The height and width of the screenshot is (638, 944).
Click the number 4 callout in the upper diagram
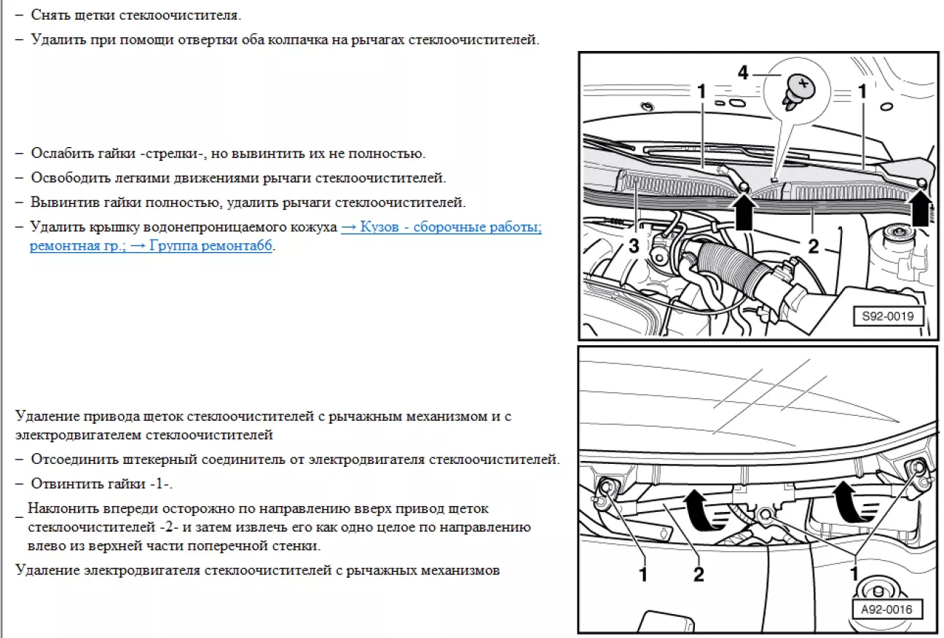(x=742, y=73)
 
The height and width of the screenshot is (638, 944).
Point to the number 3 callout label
(x=634, y=245)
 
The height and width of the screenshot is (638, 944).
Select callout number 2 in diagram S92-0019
(x=814, y=246)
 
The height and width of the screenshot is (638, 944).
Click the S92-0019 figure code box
(x=888, y=317)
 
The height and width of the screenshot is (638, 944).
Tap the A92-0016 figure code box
(x=886, y=610)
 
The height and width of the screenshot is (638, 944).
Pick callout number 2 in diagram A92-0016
(x=699, y=574)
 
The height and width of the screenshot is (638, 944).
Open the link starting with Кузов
(x=441, y=227)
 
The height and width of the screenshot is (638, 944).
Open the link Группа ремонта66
(x=202, y=245)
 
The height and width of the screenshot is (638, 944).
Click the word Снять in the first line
(x=50, y=15)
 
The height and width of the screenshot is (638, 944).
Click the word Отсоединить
(x=74, y=459)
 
